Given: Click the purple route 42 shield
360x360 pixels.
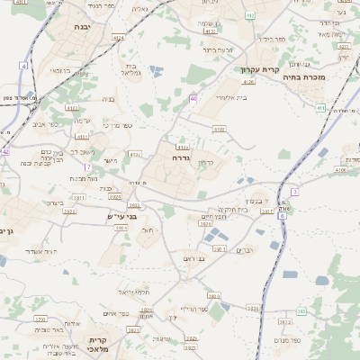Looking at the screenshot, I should click(x=5, y=152).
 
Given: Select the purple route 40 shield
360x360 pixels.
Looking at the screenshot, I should click(x=193, y=98).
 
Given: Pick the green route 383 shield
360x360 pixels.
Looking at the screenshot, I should click(x=301, y=311).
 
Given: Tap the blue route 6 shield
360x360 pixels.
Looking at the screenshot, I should click(x=282, y=216).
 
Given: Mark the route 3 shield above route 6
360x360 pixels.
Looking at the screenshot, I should click(x=294, y=192).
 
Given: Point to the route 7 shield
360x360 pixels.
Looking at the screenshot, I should click(x=87, y=168).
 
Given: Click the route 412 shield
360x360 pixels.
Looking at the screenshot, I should click(x=250, y=15).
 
